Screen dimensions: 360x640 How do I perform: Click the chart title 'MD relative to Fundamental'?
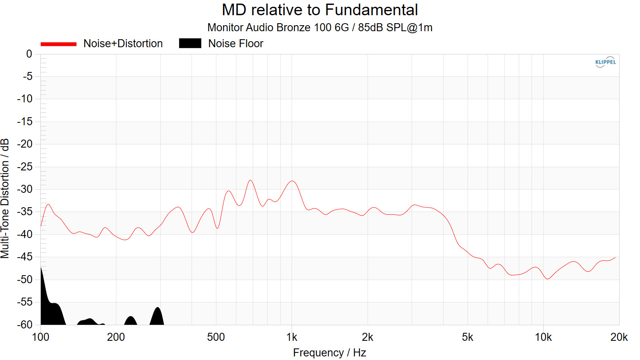(320, 10)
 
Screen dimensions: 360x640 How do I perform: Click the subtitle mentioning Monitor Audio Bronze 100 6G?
(320, 28)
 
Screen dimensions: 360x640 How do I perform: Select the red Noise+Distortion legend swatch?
(58, 44)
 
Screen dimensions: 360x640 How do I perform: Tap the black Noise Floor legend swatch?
(190, 43)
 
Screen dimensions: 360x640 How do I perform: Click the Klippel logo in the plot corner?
(605, 62)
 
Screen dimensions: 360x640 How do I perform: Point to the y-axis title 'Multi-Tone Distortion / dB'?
(5, 198)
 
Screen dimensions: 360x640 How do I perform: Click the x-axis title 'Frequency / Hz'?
(329, 353)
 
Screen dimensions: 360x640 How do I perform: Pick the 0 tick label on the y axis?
(29, 54)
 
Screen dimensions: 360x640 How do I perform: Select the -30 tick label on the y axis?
(25, 189)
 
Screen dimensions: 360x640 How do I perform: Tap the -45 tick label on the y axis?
(25, 257)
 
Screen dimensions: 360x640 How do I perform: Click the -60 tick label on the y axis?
(25, 324)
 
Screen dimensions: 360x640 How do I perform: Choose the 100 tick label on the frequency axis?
(40, 337)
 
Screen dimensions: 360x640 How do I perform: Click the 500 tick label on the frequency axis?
(216, 337)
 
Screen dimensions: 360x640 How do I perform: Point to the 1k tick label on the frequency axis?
(292, 337)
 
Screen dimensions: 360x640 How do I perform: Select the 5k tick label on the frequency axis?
(467, 337)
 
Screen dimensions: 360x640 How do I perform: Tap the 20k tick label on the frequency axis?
(619, 337)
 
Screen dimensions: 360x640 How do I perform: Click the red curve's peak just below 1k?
(293, 181)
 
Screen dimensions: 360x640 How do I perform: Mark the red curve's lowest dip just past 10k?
(547, 279)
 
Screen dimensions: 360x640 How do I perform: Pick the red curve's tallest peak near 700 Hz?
(251, 180)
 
